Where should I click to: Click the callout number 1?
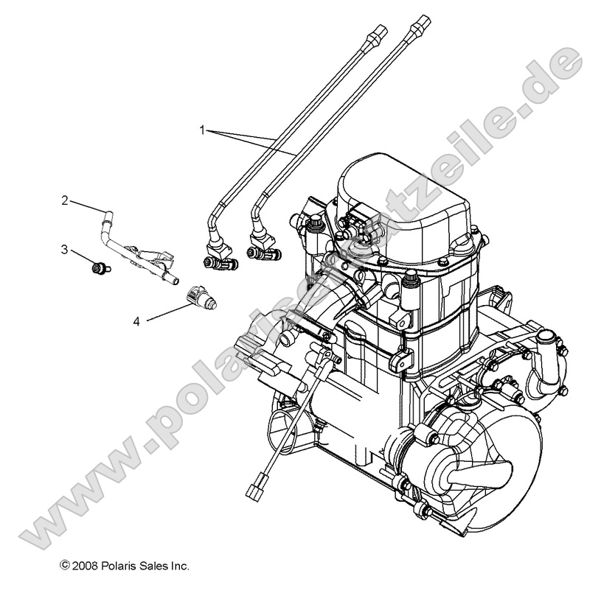click(x=202, y=129)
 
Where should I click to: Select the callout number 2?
click(x=65, y=200)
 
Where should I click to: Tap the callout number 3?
click(x=65, y=250)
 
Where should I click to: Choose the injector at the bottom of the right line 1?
click(x=262, y=253)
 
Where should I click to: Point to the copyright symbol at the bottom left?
click(x=65, y=566)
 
